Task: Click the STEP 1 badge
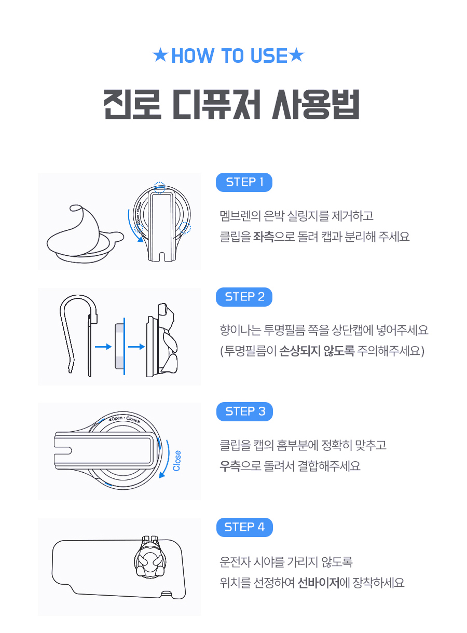pos(244,182)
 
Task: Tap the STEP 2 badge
pos(244,297)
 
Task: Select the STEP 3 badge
pos(244,412)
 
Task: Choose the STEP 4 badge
pos(244,527)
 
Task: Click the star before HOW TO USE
pos(160,55)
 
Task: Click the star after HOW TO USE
pos(296,55)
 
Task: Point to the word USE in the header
pos(269,56)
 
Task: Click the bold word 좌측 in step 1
pos(264,237)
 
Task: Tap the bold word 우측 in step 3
pos(230,466)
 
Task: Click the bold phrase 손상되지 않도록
pos(317,351)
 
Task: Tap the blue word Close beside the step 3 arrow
pos(177,461)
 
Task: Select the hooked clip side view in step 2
pos(78,335)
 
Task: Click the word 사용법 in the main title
pos(315,104)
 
